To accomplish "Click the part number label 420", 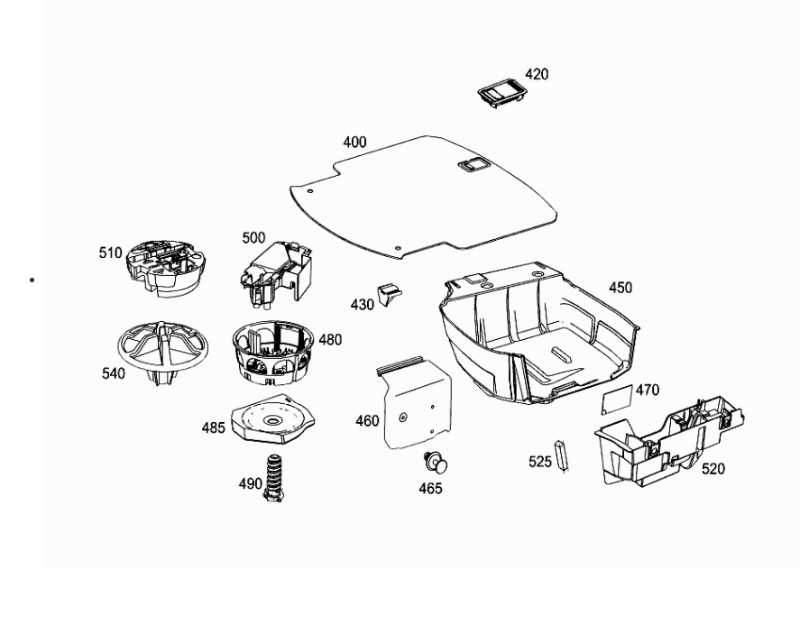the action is pos(537,74).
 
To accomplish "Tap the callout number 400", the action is pos(355,142).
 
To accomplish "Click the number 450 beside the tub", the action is pos(621,288).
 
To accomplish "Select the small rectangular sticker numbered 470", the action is pos(618,399).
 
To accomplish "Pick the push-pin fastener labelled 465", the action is pos(436,463).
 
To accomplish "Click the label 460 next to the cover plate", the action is pos(367,421).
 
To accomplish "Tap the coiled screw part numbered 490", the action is pos(274,479).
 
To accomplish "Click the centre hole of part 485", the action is pos(271,421).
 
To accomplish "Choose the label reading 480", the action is pos(330,339).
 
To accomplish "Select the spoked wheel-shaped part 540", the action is pos(163,354).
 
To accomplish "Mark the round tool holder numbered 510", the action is pos(166,268).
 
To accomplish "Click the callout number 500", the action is pos(253,238).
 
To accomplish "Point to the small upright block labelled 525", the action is pos(561,455).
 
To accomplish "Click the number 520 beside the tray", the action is pos(713,469).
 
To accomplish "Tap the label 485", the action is pos(213,427).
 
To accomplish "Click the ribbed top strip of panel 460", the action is pos(400,364).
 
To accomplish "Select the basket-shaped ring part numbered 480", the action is pos(273,353).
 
